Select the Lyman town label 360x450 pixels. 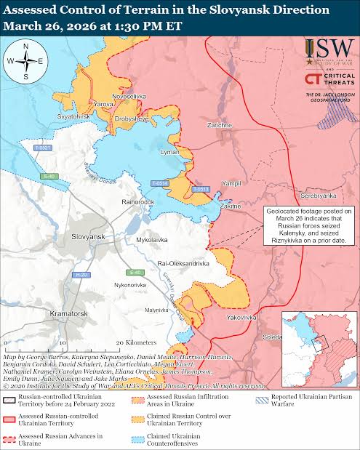point(169,152)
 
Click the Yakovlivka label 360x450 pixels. point(241,318)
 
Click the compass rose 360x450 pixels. point(25,62)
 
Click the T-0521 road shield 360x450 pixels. point(43,148)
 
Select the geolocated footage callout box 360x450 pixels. point(308,224)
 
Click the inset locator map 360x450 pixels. point(319,339)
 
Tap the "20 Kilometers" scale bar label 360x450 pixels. point(136,342)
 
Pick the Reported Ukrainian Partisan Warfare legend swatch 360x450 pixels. point(260,397)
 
